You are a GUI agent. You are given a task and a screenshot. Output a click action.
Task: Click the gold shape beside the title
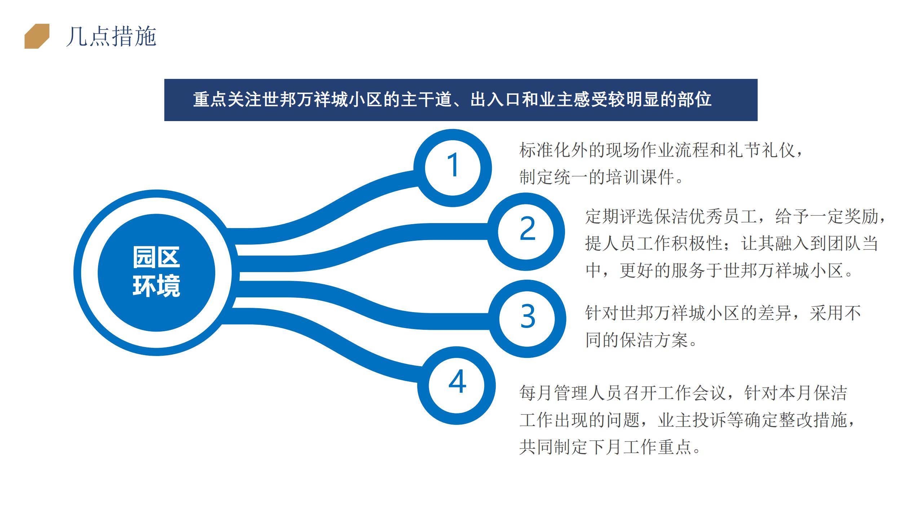tap(37, 36)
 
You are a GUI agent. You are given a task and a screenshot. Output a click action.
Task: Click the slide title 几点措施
tap(111, 36)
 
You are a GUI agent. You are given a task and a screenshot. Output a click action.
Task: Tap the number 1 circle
tap(453, 168)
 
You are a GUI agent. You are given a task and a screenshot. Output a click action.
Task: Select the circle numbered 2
tap(526, 231)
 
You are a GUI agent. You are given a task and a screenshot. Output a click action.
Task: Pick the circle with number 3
tap(527, 319)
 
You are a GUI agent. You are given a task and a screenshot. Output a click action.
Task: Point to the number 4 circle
tap(456, 386)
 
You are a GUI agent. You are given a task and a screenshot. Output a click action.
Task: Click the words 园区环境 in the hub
tap(156, 272)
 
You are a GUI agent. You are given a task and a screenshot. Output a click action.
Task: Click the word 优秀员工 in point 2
tap(723, 217)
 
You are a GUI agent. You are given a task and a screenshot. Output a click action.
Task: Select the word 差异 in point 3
tap(775, 313)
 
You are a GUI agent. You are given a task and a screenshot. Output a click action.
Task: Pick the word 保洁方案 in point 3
tap(654, 340)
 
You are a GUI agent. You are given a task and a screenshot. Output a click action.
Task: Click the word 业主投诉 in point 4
tap(692, 420)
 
